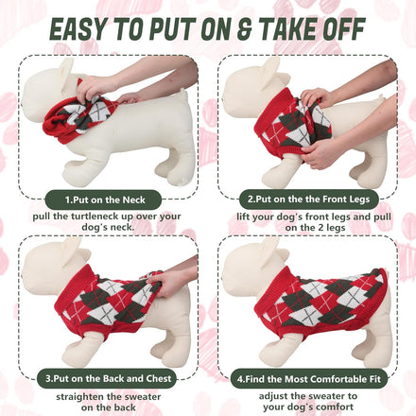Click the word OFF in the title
coord(342,29)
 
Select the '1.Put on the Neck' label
coord(105,199)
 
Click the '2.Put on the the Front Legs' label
coord(308,199)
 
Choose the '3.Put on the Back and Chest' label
coord(108,378)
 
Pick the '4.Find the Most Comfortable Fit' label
coord(308,378)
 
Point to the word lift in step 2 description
coord(243,217)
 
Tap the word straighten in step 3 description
coord(79,397)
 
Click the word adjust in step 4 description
coord(273,396)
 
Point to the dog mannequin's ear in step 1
coord(67,73)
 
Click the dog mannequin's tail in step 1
coord(182,92)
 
